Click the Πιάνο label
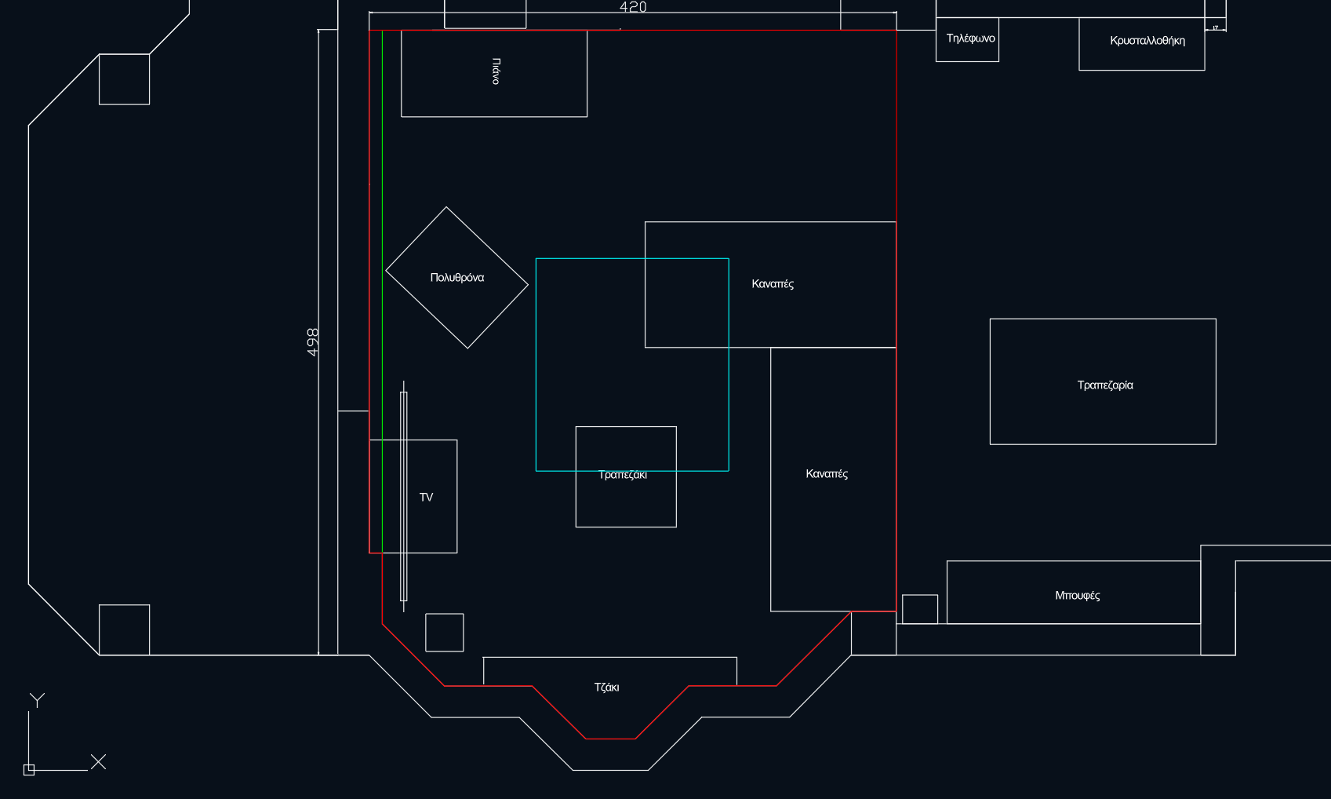pyautogui.click(x=496, y=71)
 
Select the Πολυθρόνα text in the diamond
pyautogui.click(x=457, y=278)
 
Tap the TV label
pyautogui.click(x=426, y=498)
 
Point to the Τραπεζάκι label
pyautogui.click(x=623, y=475)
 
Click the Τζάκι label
pyautogui.click(x=606, y=688)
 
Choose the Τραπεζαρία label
pyautogui.click(x=1104, y=385)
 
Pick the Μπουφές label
pyautogui.click(x=1077, y=596)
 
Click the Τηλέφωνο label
pyautogui.click(x=970, y=38)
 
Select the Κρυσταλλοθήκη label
pyautogui.click(x=1147, y=41)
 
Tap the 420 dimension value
pyautogui.click(x=633, y=7)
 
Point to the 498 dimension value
pyautogui.click(x=313, y=342)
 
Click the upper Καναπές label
pyautogui.click(x=773, y=284)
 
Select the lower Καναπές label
pyautogui.click(x=827, y=474)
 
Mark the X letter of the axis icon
pyautogui.click(x=98, y=761)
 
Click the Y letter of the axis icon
pyautogui.click(x=37, y=699)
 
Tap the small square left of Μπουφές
pyautogui.click(x=919, y=609)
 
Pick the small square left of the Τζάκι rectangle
pyautogui.click(x=444, y=633)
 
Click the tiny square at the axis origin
pyautogui.click(x=29, y=770)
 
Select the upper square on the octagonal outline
pyautogui.click(x=124, y=79)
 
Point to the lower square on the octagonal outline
pyautogui.click(x=124, y=629)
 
